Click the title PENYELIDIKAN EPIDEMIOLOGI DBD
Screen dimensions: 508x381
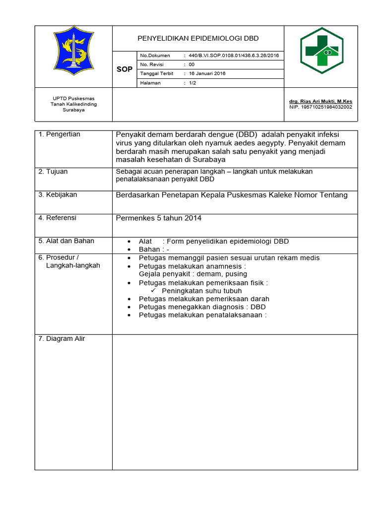198,38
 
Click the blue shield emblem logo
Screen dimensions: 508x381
73,52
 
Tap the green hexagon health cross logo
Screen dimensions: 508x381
321,51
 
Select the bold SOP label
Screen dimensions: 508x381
124,69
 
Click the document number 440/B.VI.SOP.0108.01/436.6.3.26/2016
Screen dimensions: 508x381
232,56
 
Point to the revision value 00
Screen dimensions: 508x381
191,64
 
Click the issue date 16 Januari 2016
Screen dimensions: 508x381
207,73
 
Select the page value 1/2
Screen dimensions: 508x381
193,83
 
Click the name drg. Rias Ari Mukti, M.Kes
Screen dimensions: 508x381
320,101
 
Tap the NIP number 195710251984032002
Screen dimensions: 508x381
320,107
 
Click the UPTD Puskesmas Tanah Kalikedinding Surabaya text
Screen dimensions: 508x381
73,104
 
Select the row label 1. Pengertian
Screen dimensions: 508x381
59,134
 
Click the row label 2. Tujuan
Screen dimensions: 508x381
53,172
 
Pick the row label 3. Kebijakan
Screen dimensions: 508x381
58,195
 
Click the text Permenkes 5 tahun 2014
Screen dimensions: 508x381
158,218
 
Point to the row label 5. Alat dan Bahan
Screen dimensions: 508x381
66,241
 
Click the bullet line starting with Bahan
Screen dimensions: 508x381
154,250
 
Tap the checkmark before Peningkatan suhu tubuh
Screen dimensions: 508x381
154,291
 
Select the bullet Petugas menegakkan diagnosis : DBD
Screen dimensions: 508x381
202,307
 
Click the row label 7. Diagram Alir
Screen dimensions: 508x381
62,339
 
